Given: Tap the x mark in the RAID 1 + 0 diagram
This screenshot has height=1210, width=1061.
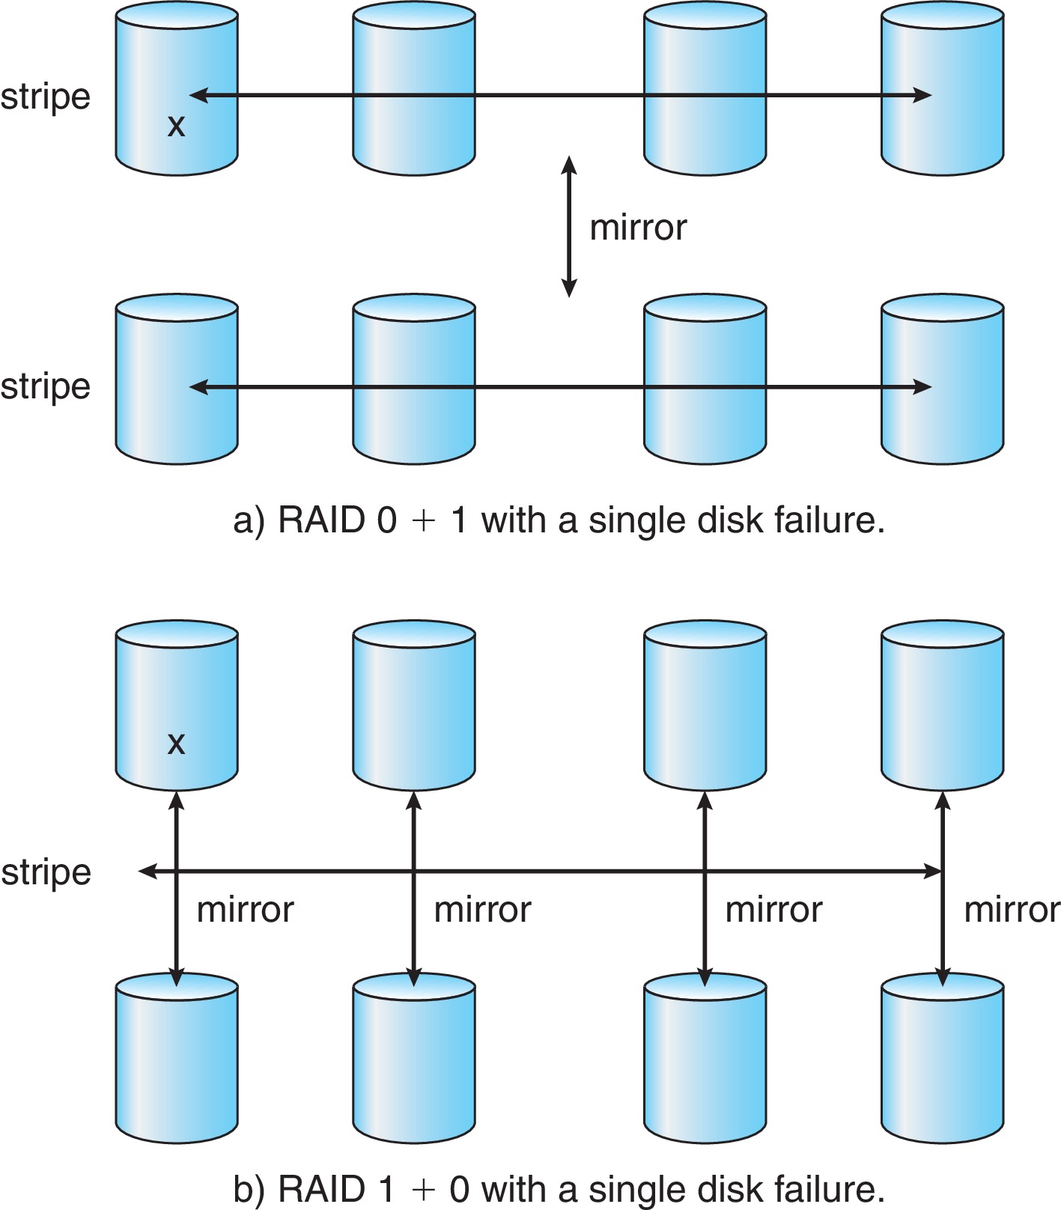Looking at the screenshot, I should pyautogui.click(x=176, y=744).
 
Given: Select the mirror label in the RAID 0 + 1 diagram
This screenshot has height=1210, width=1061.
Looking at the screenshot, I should pyautogui.click(x=638, y=228).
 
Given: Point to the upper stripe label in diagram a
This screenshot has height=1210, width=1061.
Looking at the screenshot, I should pyautogui.click(x=46, y=97).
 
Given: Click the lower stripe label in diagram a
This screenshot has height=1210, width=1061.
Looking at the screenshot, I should pyautogui.click(x=46, y=387).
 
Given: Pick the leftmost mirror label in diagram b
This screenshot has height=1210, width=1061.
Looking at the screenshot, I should pyautogui.click(x=246, y=910).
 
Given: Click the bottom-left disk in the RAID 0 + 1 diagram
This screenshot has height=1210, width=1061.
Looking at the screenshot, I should pyautogui.click(x=177, y=380).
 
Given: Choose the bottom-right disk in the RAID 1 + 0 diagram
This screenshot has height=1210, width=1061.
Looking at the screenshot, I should pyautogui.click(x=942, y=1059).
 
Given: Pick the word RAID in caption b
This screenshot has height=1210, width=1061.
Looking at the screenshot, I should pyautogui.click(x=322, y=1189).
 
